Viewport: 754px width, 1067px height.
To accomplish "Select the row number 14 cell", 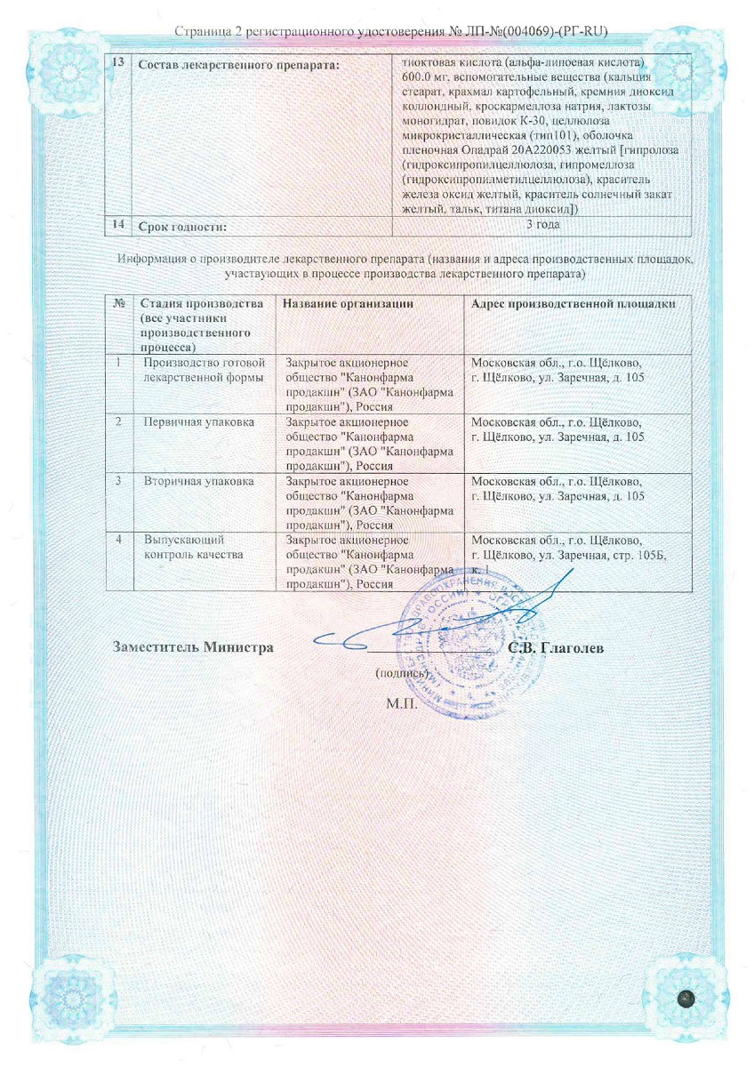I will point(118,225).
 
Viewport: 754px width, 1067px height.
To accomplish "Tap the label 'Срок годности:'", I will point(183,228).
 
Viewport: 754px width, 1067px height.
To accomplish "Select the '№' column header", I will point(119,304).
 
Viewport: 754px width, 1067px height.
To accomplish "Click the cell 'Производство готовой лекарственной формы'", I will point(205,371).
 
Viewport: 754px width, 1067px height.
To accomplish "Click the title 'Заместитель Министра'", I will point(192,646).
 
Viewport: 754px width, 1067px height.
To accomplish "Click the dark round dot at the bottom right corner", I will point(686,999).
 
